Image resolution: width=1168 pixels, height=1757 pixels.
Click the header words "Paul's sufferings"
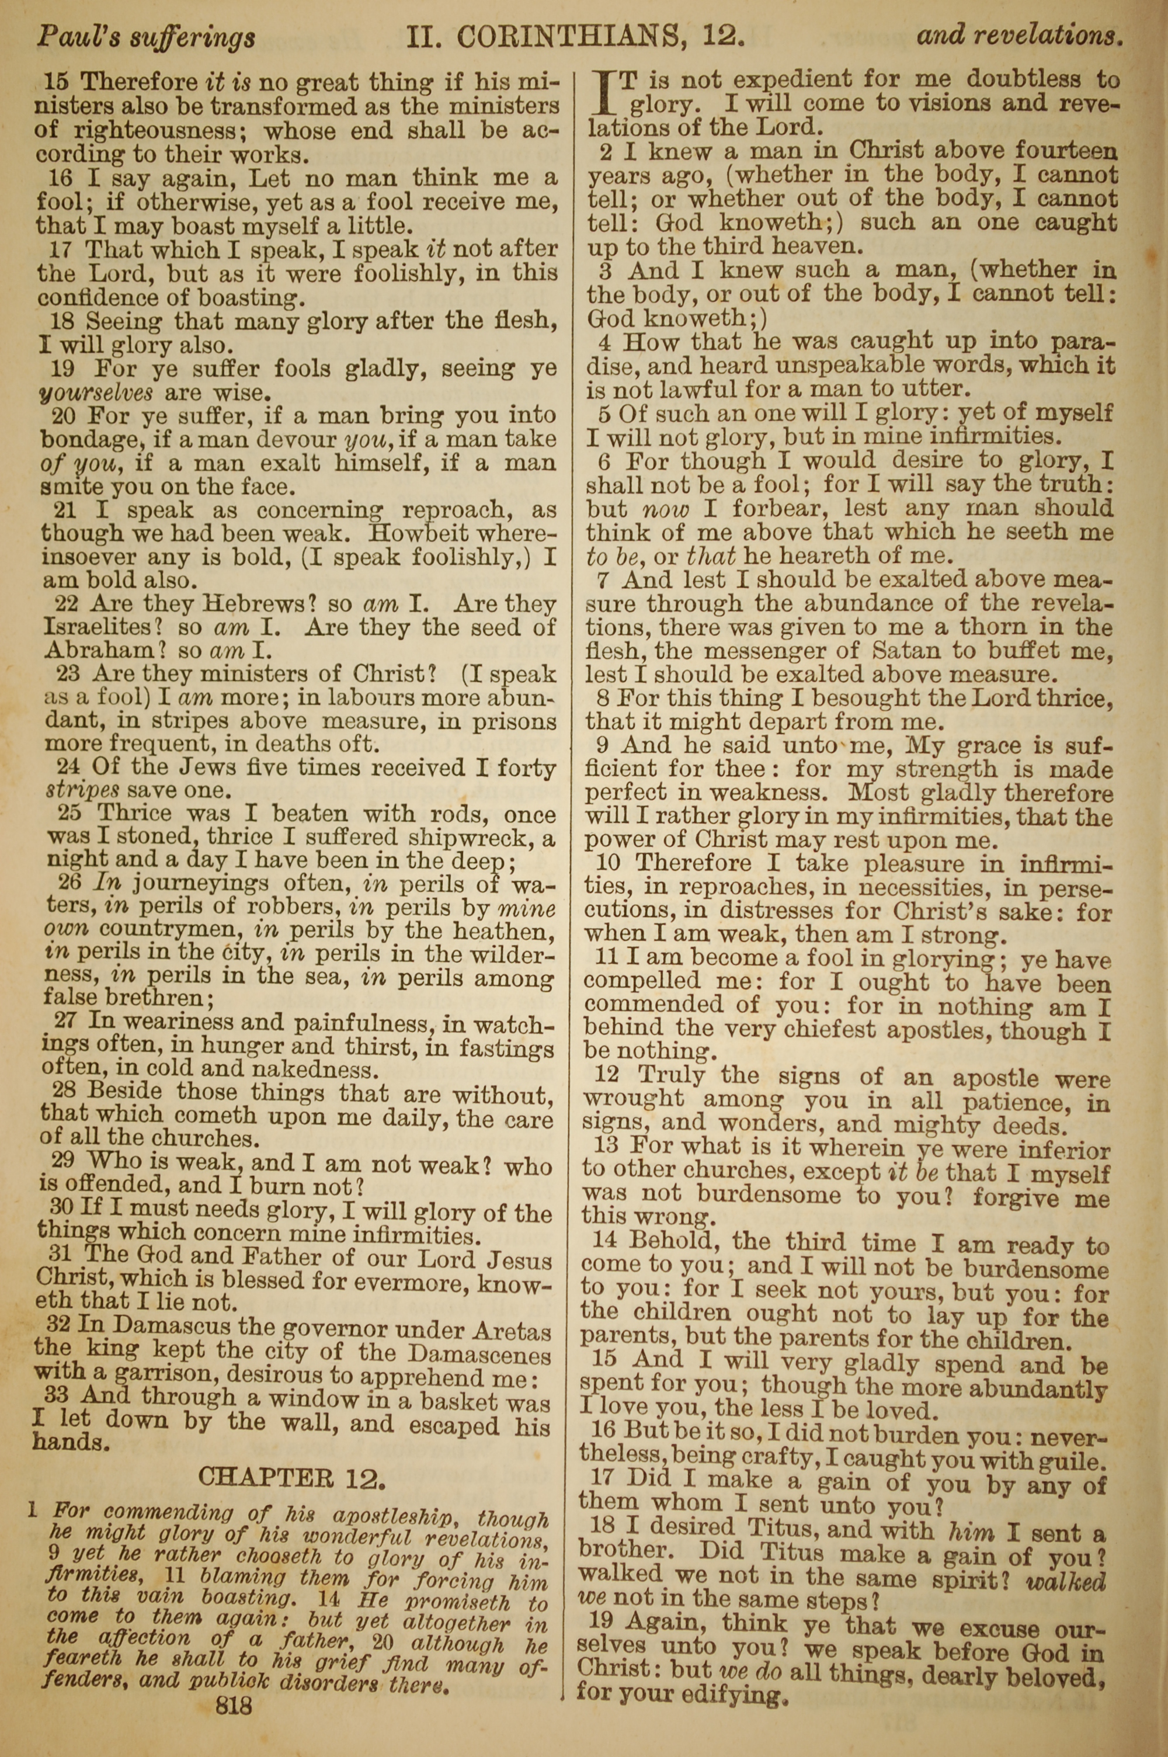pyautogui.click(x=146, y=36)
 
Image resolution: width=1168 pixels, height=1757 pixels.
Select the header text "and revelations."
pyautogui.click(x=1019, y=35)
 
